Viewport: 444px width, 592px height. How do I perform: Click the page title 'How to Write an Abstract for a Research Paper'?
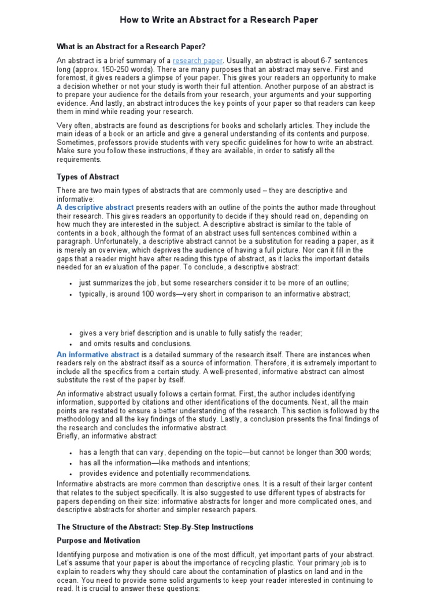point(219,20)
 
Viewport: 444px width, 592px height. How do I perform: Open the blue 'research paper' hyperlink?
point(197,61)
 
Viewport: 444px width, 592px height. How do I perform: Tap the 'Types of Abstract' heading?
point(88,177)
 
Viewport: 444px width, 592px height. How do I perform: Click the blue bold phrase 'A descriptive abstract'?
point(95,207)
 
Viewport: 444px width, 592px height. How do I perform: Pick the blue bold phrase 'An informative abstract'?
point(98,354)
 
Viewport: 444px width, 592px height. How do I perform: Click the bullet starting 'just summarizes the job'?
point(214,282)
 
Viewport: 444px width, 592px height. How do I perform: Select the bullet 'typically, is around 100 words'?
point(214,294)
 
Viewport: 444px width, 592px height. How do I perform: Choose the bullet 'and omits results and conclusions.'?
point(135,343)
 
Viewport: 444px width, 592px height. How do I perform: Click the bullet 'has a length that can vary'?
point(225,452)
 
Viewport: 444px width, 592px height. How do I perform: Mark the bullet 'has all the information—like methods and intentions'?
point(165,463)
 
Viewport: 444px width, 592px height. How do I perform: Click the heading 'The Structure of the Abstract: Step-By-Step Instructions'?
point(155,527)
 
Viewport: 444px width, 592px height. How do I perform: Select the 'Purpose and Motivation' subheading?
point(98,541)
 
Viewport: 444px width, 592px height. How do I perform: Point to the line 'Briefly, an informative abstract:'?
point(107,436)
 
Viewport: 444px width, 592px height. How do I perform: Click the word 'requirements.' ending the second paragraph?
point(79,159)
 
